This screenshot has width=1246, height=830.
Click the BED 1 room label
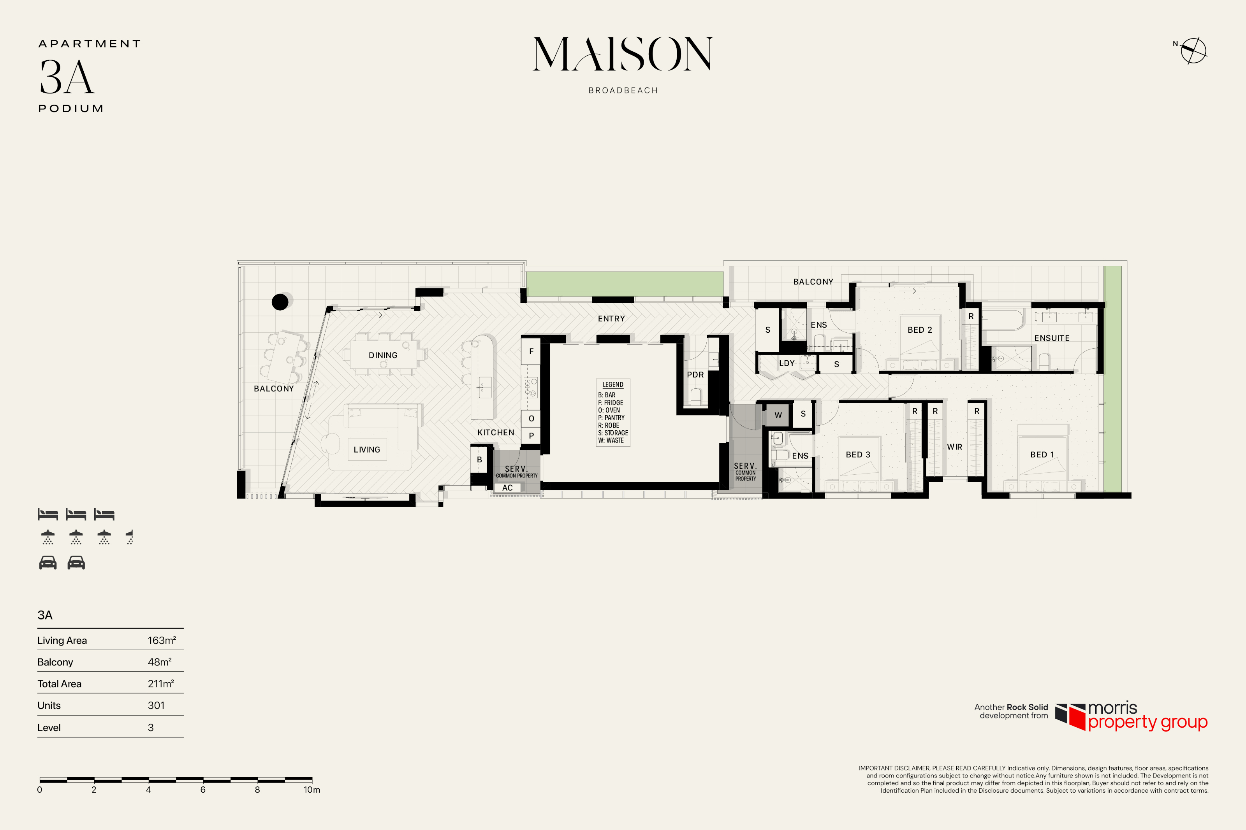(1042, 455)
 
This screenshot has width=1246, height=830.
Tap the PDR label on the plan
(695, 375)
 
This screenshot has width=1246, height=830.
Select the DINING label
(383, 355)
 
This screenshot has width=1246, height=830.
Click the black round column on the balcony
(280, 302)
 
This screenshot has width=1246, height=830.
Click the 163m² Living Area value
(162, 640)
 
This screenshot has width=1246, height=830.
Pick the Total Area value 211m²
(161, 684)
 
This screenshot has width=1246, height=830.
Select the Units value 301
(156, 705)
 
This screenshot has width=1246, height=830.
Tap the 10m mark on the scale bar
(312, 790)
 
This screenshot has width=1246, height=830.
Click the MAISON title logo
(623, 54)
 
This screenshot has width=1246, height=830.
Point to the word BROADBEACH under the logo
(623, 91)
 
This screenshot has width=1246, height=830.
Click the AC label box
(507, 488)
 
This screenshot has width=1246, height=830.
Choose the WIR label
(954, 447)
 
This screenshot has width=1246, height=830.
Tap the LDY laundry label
(787, 363)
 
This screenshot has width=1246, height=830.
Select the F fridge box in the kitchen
(531, 351)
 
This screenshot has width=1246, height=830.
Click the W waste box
(778, 415)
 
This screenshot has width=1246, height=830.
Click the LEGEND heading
(612, 385)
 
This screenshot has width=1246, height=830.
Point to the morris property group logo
(1131, 717)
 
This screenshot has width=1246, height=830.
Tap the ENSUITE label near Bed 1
(1052, 338)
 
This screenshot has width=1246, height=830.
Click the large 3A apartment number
(67, 77)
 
